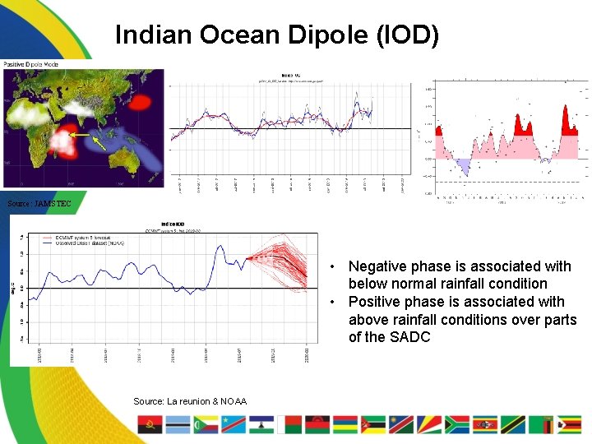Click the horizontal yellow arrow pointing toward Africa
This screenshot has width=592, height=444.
(80, 133)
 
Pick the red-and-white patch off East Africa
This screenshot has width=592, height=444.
(61, 142)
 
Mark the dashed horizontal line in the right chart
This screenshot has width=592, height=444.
(510, 181)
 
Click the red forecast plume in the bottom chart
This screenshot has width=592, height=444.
(280, 259)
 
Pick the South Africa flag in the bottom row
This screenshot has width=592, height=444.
(456, 424)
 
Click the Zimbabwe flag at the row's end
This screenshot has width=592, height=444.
(569, 424)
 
